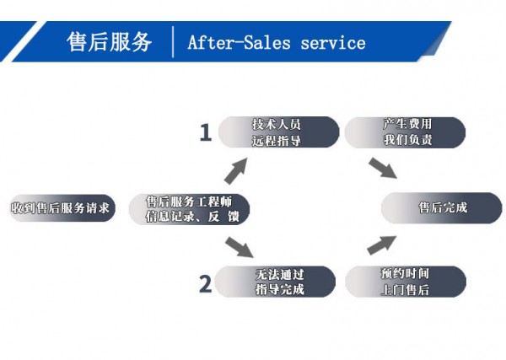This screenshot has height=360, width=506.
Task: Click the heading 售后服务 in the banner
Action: (x=110, y=42)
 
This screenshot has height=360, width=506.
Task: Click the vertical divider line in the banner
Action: (x=172, y=42)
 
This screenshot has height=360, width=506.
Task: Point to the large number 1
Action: (x=205, y=132)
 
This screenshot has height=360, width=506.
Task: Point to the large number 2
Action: (x=205, y=283)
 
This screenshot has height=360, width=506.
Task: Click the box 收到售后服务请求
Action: (x=60, y=208)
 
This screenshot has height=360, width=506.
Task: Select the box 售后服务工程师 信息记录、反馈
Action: (x=190, y=208)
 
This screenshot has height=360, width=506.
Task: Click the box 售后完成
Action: (x=442, y=208)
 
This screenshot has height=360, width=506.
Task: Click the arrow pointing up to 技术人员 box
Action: (x=235, y=170)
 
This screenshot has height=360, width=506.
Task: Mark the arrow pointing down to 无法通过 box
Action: (x=240, y=246)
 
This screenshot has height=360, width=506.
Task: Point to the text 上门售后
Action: (x=406, y=290)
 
